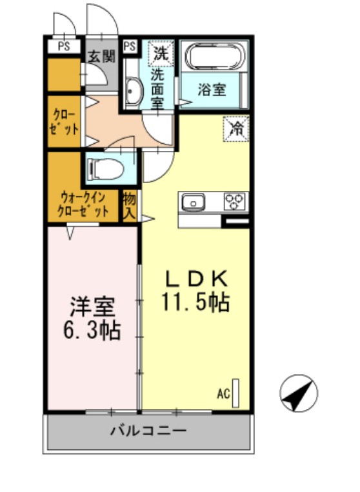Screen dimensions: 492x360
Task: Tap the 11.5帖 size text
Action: (x=196, y=302)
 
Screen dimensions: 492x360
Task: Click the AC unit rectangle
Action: (x=236, y=391)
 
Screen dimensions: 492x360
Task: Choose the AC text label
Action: (x=223, y=393)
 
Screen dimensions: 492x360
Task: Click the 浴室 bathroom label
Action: (x=212, y=90)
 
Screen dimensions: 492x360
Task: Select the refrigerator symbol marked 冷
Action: (x=236, y=128)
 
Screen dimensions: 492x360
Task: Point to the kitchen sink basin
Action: (x=193, y=202)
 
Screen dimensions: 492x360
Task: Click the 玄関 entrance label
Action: (x=101, y=56)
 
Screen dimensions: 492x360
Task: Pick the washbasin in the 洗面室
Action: (x=133, y=92)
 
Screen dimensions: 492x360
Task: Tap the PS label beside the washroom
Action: (x=130, y=46)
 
